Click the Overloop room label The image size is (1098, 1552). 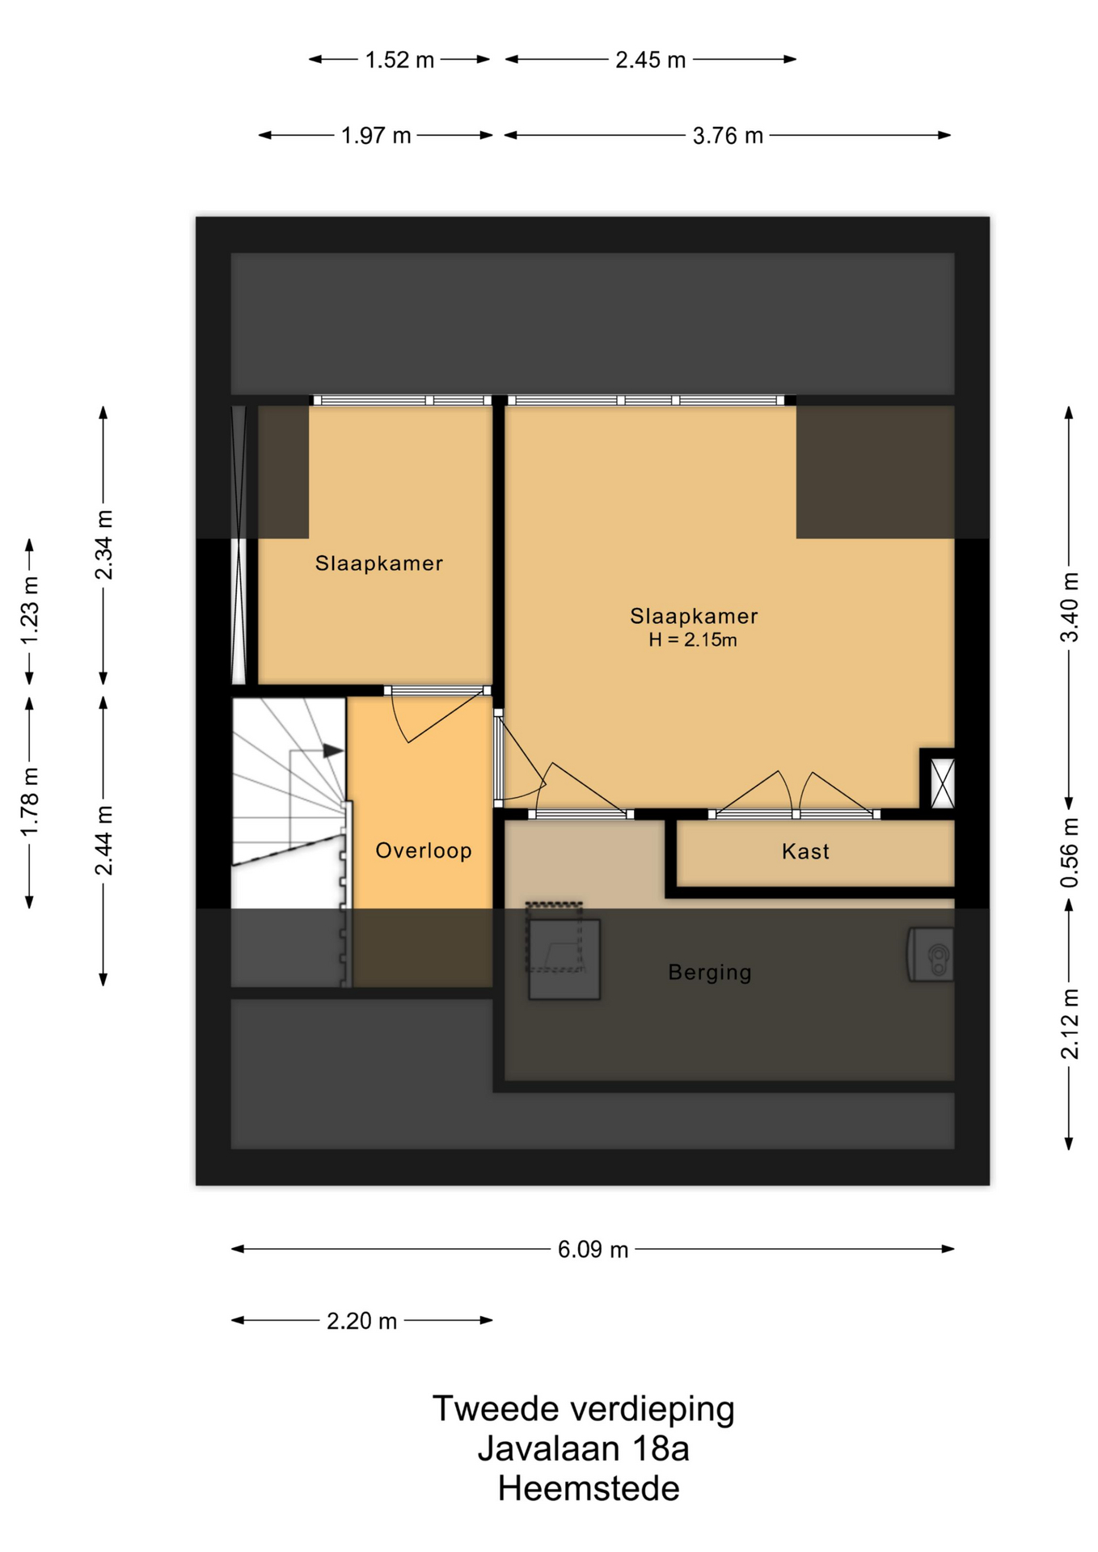[423, 851]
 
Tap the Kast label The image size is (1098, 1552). [805, 851]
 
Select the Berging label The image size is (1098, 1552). [710, 972]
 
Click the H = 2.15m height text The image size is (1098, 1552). [693, 640]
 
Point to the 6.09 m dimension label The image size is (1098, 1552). [593, 1250]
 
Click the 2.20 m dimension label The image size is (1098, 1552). [361, 1321]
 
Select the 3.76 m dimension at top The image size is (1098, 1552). [728, 136]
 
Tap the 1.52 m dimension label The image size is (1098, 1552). [399, 60]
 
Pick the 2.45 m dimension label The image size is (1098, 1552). [650, 60]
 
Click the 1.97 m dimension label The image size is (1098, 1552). [376, 136]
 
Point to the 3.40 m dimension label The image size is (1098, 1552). [1070, 607]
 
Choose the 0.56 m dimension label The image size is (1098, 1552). [1070, 853]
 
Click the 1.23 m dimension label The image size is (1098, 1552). [30, 611]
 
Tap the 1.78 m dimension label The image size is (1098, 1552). [30, 803]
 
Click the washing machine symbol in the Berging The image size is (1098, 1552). [931, 955]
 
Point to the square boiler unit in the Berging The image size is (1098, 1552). [564, 959]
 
